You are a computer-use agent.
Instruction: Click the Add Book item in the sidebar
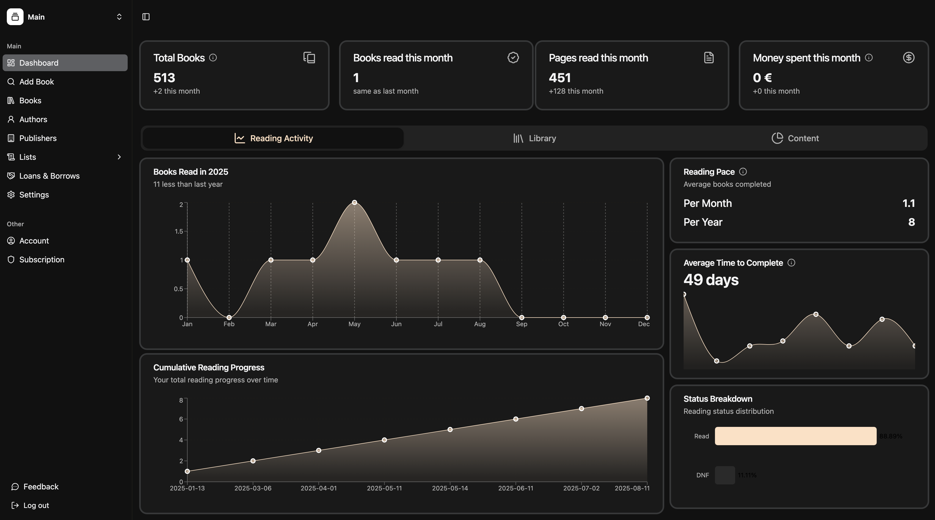[36, 82]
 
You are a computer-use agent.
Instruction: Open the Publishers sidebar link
[38, 138]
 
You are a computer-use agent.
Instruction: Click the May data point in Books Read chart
[354, 202]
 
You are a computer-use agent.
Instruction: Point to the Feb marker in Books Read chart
[229, 318]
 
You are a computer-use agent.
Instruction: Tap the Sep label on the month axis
[522, 324]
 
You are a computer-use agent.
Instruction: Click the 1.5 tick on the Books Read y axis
[179, 231]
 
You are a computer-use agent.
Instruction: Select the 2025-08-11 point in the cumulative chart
[647, 398]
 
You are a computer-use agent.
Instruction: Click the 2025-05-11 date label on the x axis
[384, 488]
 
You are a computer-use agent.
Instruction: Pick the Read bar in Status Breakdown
[795, 436]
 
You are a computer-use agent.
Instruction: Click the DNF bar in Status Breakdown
[724, 475]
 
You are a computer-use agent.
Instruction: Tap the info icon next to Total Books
[213, 58]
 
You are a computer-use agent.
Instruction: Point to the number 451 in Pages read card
[559, 78]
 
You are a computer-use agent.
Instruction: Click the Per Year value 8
[911, 222]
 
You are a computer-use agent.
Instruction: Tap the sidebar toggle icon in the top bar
[146, 17]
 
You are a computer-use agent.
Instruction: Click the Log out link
[36, 506]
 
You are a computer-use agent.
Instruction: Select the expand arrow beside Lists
[119, 157]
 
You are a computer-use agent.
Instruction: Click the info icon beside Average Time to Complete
[791, 263]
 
